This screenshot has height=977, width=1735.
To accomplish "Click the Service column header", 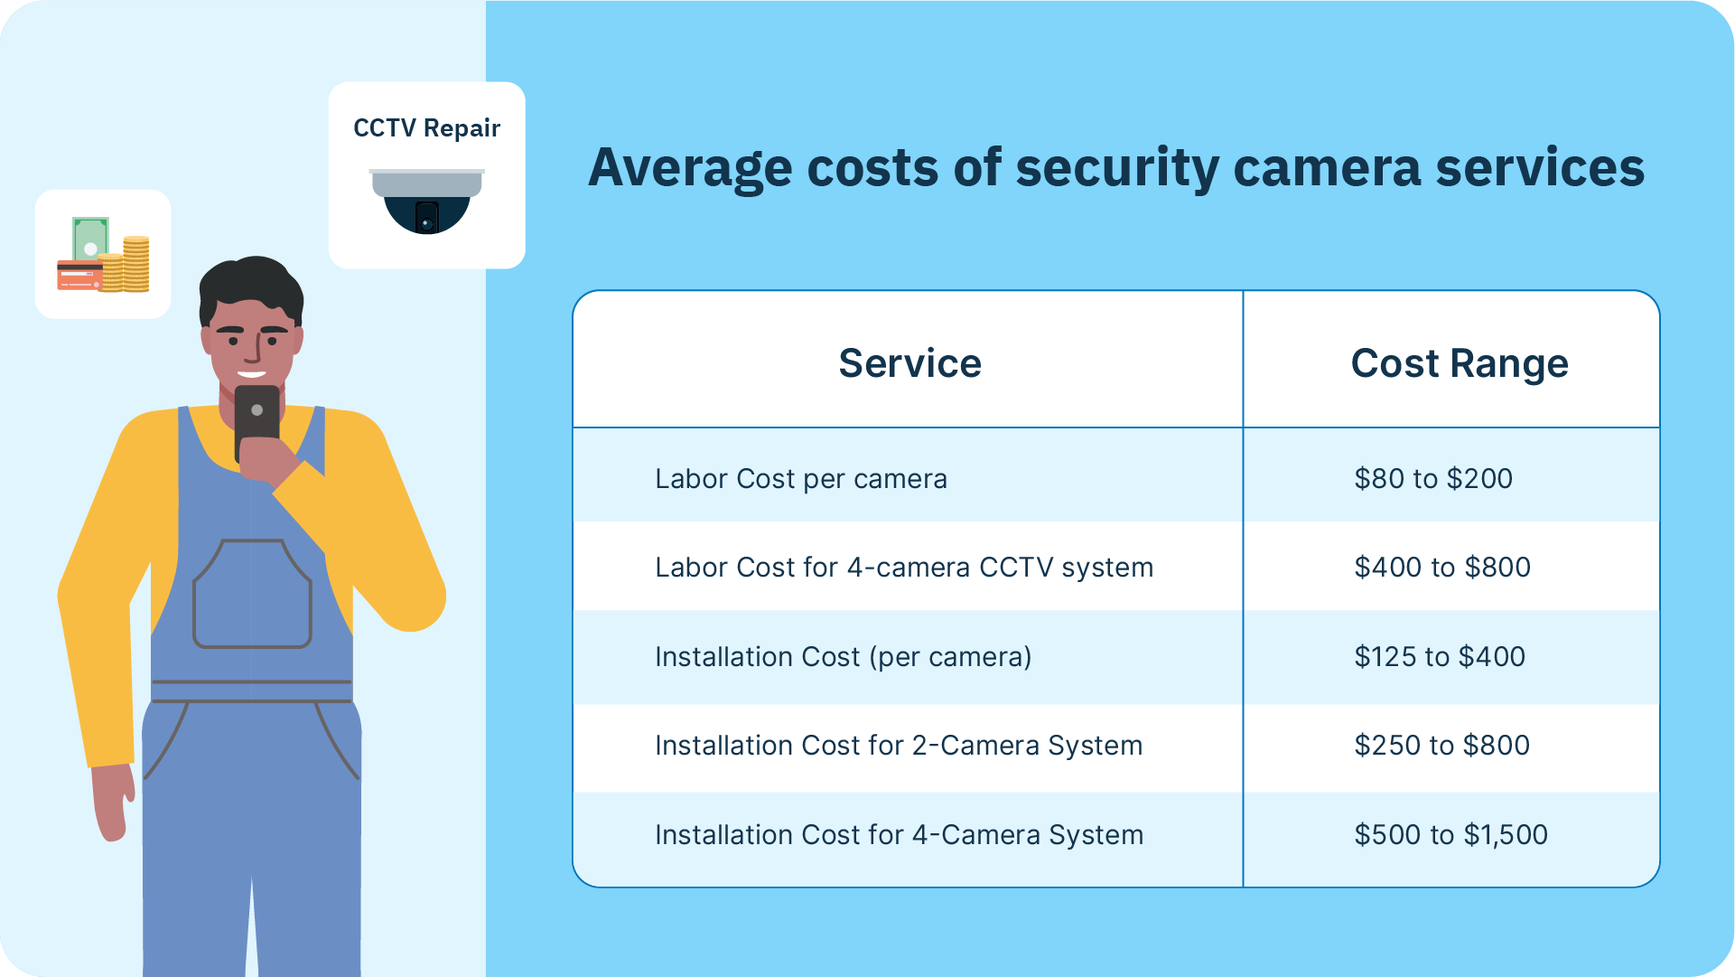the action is tap(909, 363).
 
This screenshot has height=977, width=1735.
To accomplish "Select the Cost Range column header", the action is tap(1460, 364).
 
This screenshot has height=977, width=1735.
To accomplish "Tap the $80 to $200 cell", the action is tap(1433, 478).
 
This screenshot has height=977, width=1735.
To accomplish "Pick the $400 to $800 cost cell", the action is tap(1442, 567).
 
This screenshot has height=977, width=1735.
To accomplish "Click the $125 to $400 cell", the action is tap(1440, 656).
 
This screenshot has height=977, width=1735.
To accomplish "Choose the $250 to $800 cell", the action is tap(1442, 745).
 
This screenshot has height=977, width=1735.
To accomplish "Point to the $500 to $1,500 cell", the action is tap(1450, 834).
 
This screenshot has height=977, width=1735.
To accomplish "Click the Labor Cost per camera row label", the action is tap(801, 478).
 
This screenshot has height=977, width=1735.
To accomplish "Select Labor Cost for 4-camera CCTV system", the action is tap(904, 567).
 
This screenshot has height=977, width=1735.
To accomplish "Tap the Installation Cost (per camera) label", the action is tap(844, 656).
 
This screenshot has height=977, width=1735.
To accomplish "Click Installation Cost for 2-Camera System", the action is tap(899, 745).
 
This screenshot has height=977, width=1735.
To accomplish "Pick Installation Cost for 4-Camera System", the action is tap(900, 834).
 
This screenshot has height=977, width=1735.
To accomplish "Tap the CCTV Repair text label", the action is tap(426, 128).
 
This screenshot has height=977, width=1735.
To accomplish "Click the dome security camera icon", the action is tap(426, 201).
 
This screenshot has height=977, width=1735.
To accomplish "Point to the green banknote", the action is tap(90, 240).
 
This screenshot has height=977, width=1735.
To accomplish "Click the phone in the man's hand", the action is tap(257, 422).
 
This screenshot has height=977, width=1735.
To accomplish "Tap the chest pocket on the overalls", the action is tap(253, 594).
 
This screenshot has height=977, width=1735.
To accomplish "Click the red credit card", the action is tap(80, 275).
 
